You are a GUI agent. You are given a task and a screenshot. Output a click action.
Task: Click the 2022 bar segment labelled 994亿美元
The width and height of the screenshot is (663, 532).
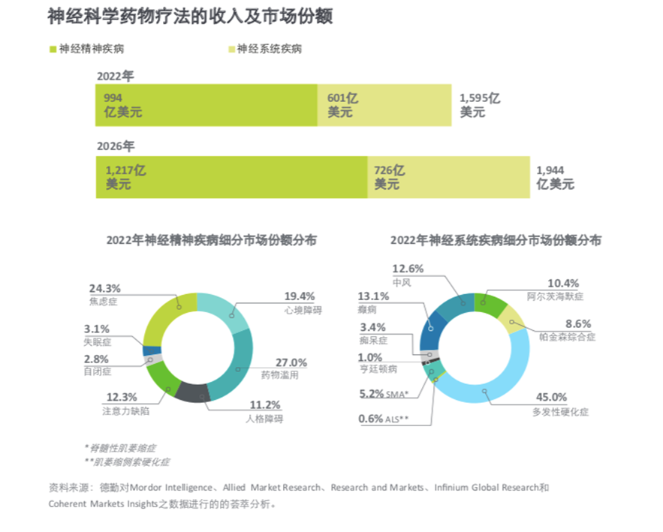tap(206, 105)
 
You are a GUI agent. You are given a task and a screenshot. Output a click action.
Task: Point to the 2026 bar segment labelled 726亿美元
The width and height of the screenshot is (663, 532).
tap(448, 177)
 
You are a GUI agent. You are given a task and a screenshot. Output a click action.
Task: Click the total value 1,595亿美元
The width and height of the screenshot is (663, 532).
tap(479, 105)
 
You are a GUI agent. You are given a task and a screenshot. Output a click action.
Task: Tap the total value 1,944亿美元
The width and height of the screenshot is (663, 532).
tap(555, 177)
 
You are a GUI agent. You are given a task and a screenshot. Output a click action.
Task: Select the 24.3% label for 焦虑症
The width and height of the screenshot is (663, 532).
tap(104, 288)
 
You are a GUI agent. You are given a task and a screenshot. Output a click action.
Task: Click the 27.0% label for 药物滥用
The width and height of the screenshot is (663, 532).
tap(292, 362)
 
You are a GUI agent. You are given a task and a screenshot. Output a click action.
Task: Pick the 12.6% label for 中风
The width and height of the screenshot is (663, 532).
tap(408, 269)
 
